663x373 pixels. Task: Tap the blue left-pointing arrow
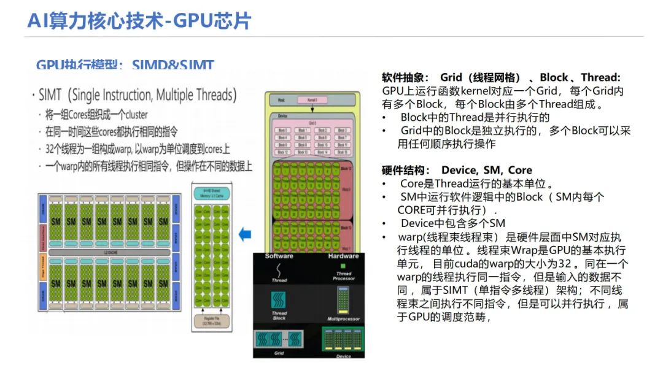(x=245, y=234)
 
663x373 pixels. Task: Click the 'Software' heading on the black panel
(x=279, y=256)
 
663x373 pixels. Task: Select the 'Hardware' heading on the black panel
(x=343, y=256)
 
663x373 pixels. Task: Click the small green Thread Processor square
(x=343, y=266)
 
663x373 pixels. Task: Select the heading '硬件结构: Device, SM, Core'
(x=457, y=170)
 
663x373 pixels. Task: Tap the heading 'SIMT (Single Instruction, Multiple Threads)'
(x=137, y=95)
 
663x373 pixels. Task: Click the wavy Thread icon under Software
(x=279, y=269)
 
